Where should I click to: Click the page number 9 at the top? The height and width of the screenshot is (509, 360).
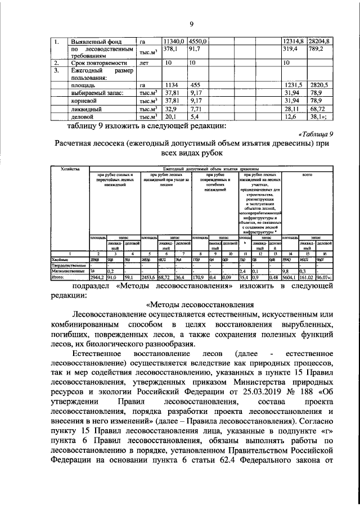tap(191, 24)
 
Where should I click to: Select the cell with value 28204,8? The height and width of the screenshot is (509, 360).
tap(322, 41)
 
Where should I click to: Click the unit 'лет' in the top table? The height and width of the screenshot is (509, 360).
tap(146, 64)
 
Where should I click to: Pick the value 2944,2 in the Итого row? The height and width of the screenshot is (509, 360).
tap(98, 277)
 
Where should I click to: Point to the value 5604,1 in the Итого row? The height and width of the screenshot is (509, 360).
tap(290, 277)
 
